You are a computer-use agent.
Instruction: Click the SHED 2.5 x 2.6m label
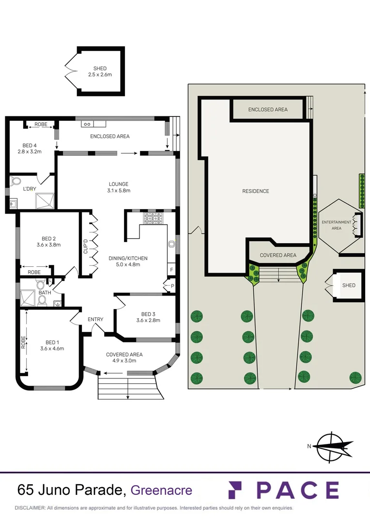click(x=100, y=71)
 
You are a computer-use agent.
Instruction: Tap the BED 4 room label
click(x=30, y=148)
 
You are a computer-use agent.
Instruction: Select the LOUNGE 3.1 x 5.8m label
click(x=118, y=187)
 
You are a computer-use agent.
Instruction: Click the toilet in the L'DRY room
click(x=15, y=181)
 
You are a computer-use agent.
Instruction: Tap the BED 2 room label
click(x=49, y=241)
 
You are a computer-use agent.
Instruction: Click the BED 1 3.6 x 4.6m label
click(x=52, y=345)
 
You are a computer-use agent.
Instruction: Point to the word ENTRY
click(x=95, y=319)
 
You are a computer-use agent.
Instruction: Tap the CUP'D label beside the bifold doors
click(x=86, y=246)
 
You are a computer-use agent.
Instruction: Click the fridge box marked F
click(x=171, y=270)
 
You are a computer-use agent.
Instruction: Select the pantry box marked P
click(x=172, y=287)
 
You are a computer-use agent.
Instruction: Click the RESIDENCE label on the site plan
click(x=255, y=191)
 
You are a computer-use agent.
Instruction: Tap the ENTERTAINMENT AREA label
click(x=336, y=225)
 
